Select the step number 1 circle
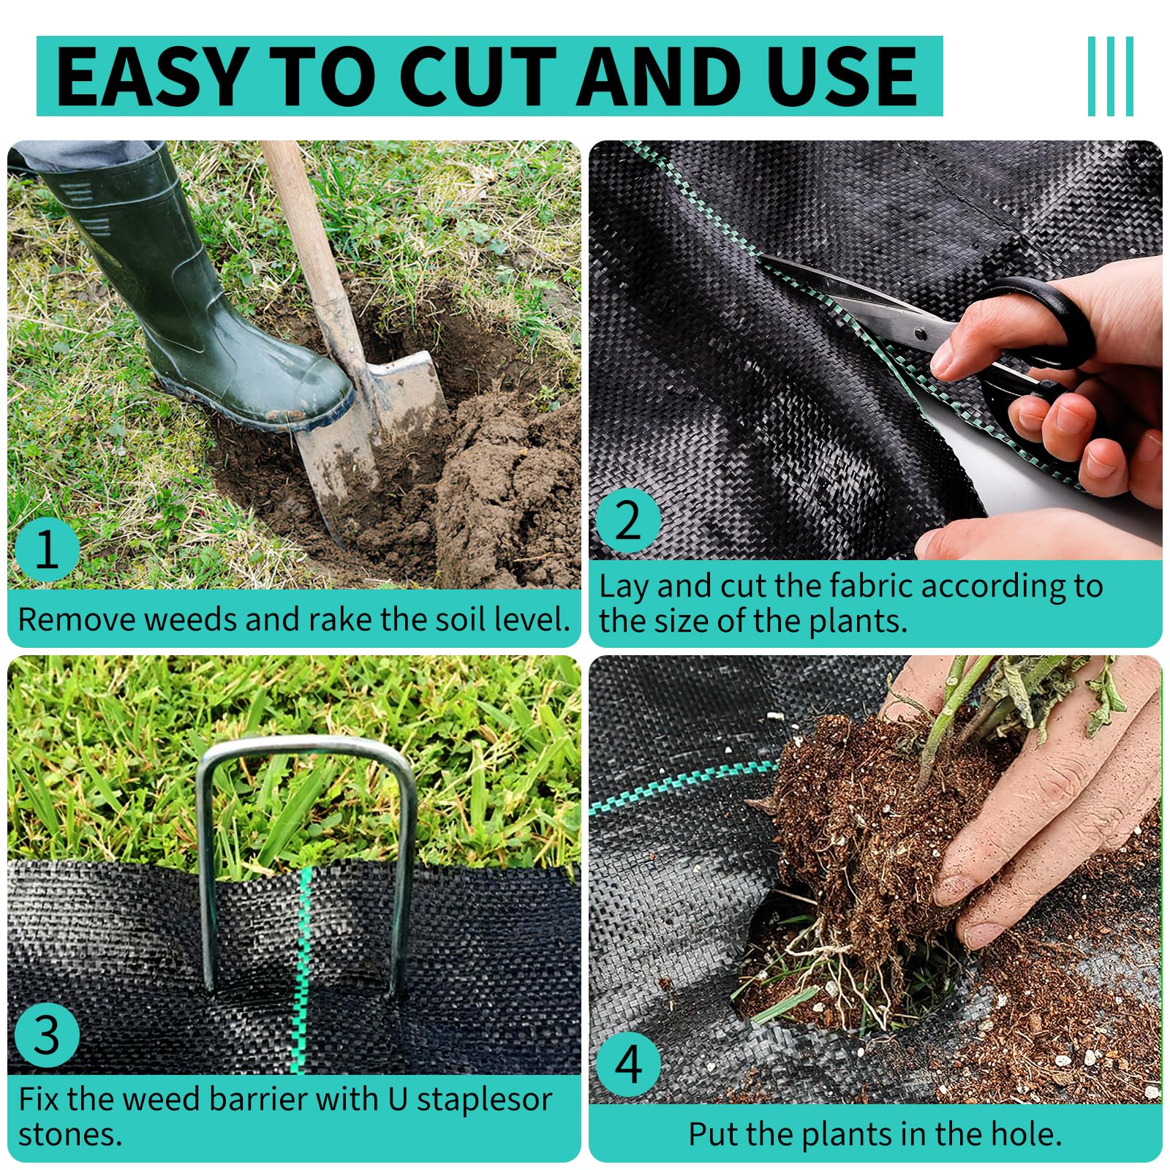point(46,548)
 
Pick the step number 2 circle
point(628,521)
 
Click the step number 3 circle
point(46,1036)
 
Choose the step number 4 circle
point(628,1065)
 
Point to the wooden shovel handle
point(307,227)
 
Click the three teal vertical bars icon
point(1110,76)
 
